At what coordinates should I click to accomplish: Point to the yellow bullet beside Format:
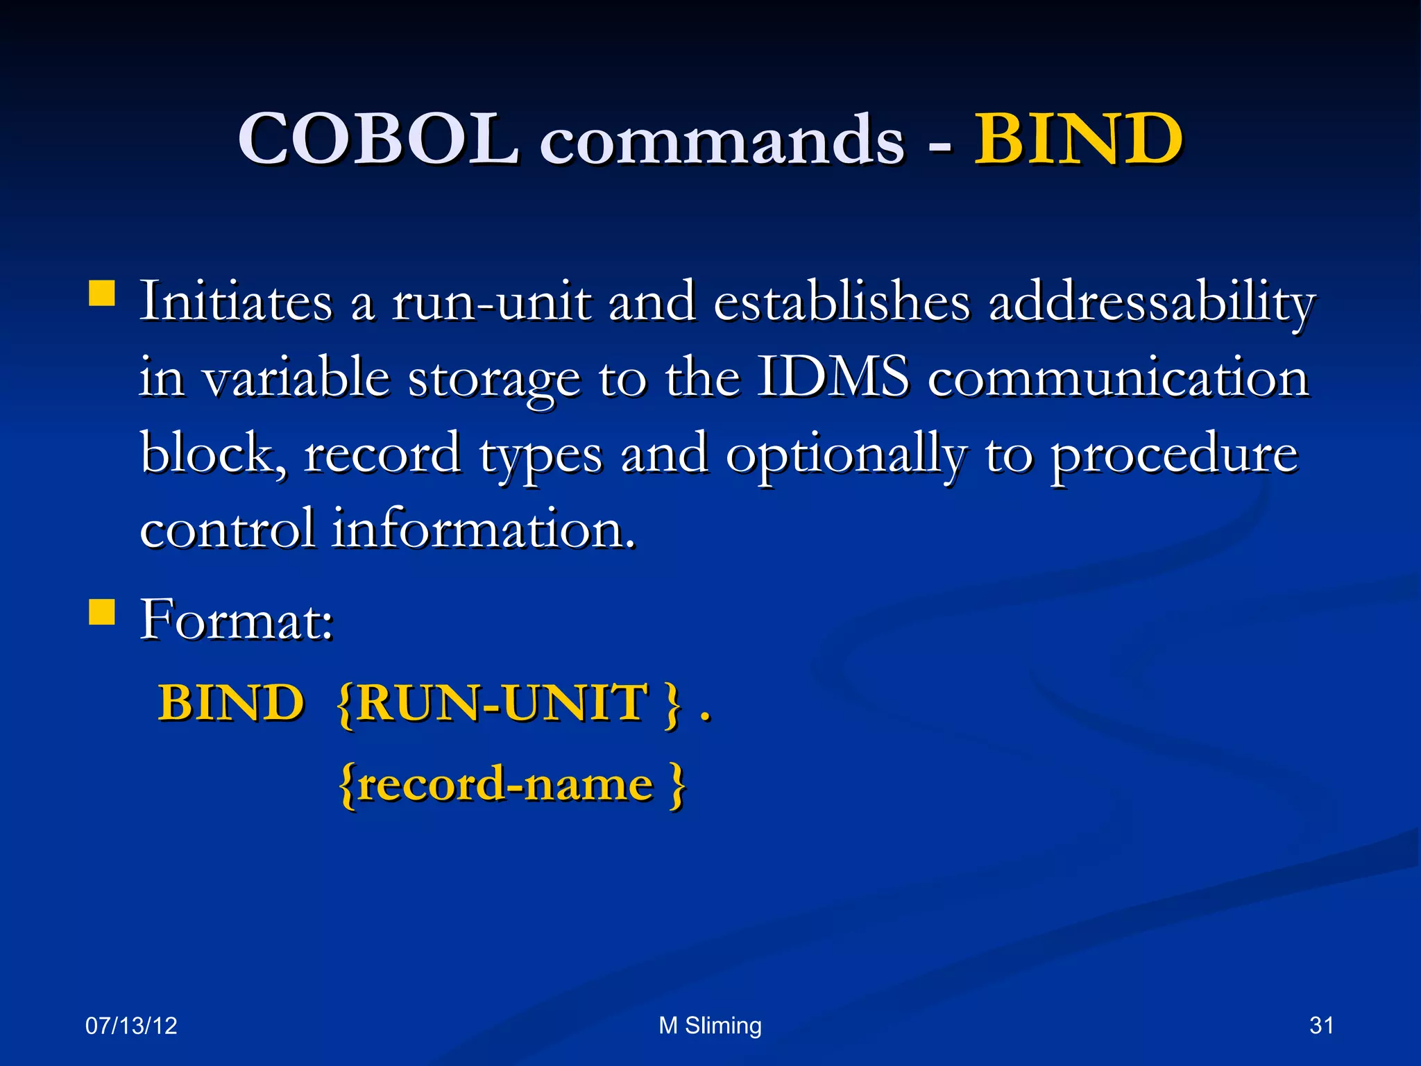102,612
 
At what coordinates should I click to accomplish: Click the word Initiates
237,302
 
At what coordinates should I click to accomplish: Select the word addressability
1151,303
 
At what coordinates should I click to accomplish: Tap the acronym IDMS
832,378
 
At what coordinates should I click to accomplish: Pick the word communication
1118,378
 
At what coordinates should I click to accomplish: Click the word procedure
1174,455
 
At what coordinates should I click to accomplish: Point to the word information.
484,529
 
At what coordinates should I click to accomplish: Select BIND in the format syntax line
231,702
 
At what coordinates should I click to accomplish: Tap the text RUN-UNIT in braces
504,702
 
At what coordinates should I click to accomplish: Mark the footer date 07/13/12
131,1026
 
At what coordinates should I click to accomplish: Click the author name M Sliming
710,1025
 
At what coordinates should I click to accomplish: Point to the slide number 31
1321,1025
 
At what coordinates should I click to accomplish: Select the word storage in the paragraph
494,379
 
